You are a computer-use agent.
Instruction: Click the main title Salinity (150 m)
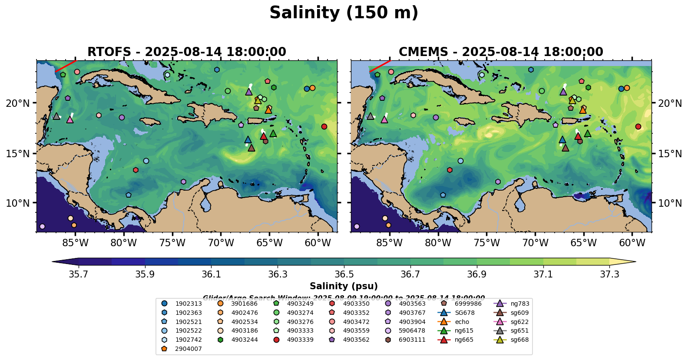click(x=344, y=13)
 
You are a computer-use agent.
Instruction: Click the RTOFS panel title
click(x=187, y=52)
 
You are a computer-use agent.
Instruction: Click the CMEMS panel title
click(x=501, y=52)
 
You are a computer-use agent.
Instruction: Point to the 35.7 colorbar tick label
click(x=79, y=274)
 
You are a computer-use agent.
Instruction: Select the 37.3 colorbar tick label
click(x=609, y=274)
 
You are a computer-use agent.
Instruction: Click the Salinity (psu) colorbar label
click(x=344, y=286)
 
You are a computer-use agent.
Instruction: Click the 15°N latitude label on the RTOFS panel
click(x=18, y=153)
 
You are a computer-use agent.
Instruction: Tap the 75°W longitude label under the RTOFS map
click(x=172, y=243)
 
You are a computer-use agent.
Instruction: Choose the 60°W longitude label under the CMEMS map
click(x=632, y=243)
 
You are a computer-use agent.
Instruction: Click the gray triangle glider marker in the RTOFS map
click(x=56, y=116)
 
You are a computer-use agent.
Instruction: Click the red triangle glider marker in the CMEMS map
click(x=578, y=136)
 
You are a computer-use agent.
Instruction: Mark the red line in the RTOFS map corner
click(x=66, y=66)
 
